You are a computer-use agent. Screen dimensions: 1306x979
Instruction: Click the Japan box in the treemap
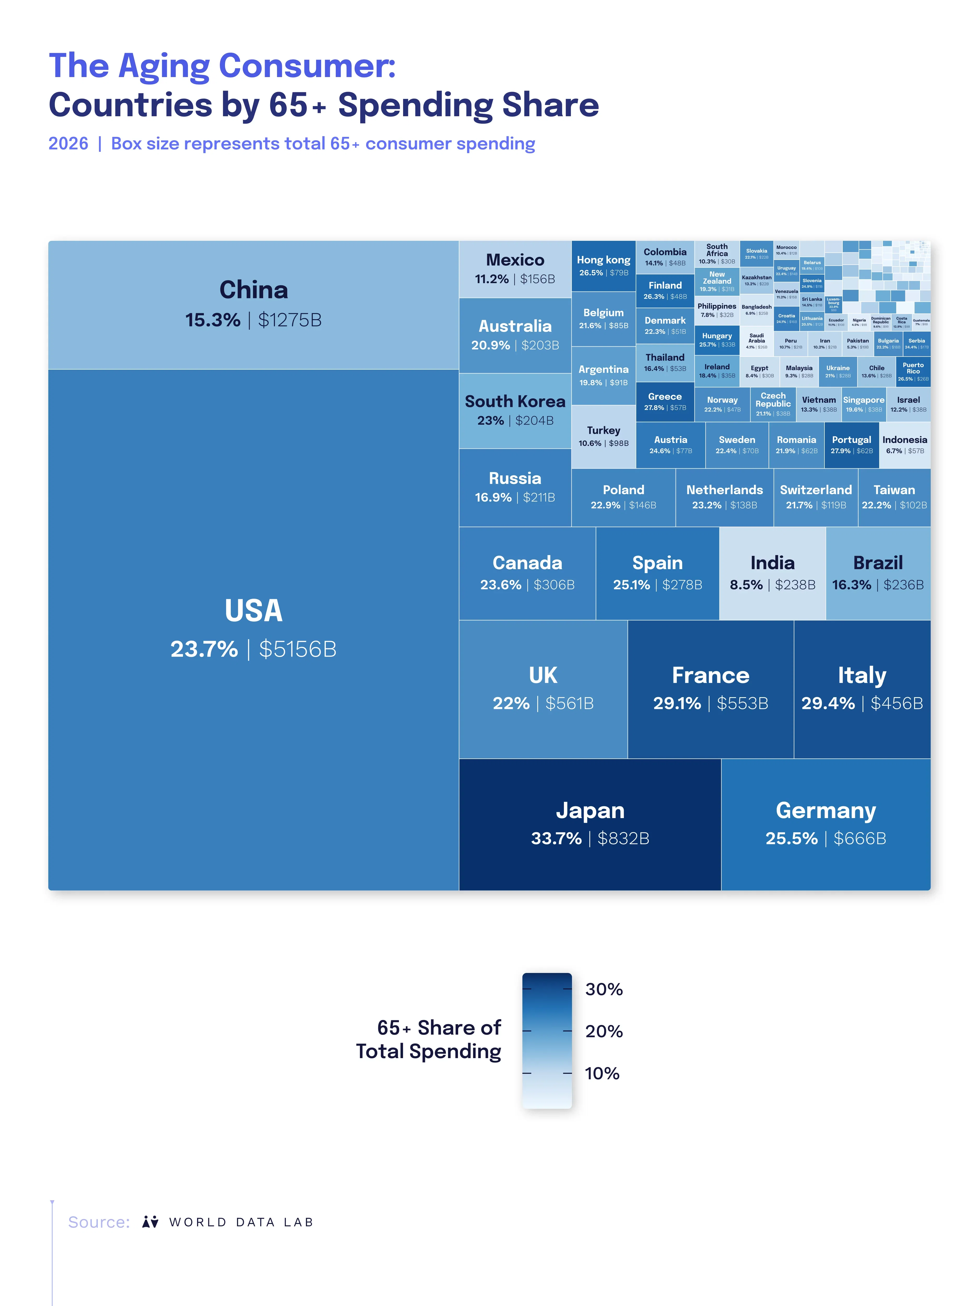click(x=589, y=824)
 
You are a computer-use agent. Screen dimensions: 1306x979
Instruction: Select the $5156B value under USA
click(x=297, y=649)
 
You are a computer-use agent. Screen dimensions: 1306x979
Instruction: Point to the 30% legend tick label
click(x=604, y=989)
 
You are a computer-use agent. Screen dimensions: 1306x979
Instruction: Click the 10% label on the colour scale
click(x=602, y=1073)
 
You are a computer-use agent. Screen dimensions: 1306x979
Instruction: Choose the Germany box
click(x=825, y=824)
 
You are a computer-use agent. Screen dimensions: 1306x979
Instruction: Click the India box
click(x=772, y=573)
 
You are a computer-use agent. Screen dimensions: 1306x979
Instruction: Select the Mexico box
click(x=515, y=269)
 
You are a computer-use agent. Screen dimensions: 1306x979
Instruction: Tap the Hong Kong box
click(x=603, y=266)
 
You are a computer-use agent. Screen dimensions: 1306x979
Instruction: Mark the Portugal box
click(x=851, y=445)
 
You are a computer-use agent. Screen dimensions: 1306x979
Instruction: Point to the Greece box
click(x=664, y=401)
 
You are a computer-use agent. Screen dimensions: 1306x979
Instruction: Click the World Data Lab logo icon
click(x=150, y=1222)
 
